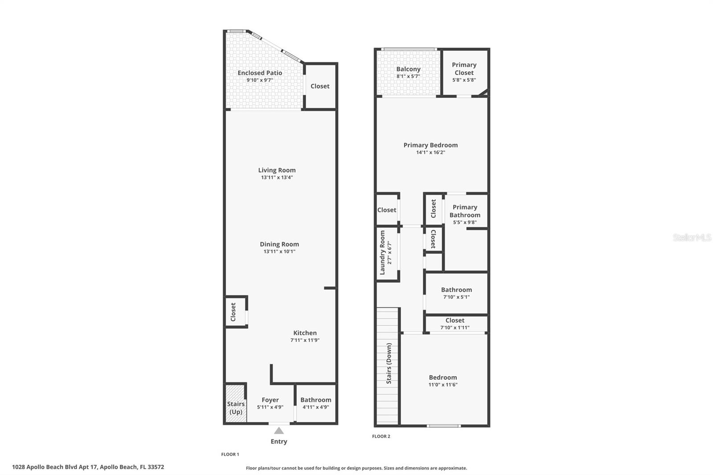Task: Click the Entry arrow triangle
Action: tap(279, 430)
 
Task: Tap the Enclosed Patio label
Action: tap(260, 73)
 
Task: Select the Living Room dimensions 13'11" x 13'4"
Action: tap(277, 177)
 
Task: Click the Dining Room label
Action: tap(279, 244)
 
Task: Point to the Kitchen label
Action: tap(305, 333)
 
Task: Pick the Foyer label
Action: tap(270, 400)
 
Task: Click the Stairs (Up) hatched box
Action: tap(235, 404)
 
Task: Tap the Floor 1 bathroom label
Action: tap(316, 400)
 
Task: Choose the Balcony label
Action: tap(408, 69)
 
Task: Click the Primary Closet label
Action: tap(464, 69)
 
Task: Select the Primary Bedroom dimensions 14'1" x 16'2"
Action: tap(430, 152)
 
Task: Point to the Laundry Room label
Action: tap(382, 253)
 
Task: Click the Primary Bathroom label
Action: tap(465, 211)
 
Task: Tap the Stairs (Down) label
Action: tap(389, 363)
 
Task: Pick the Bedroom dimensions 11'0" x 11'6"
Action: tap(443, 385)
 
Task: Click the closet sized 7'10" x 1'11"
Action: tap(455, 323)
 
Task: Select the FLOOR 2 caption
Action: tap(381, 436)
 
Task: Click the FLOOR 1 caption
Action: tap(230, 454)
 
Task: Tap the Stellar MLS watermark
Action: tap(692, 237)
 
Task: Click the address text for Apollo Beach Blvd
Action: tap(88, 467)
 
